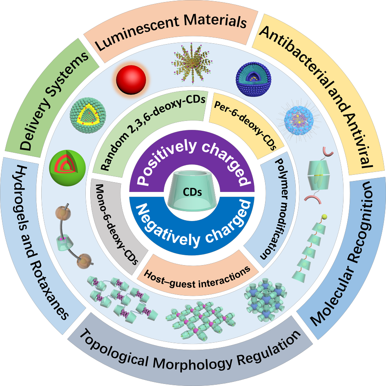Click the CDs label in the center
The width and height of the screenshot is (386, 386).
(x=192, y=191)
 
